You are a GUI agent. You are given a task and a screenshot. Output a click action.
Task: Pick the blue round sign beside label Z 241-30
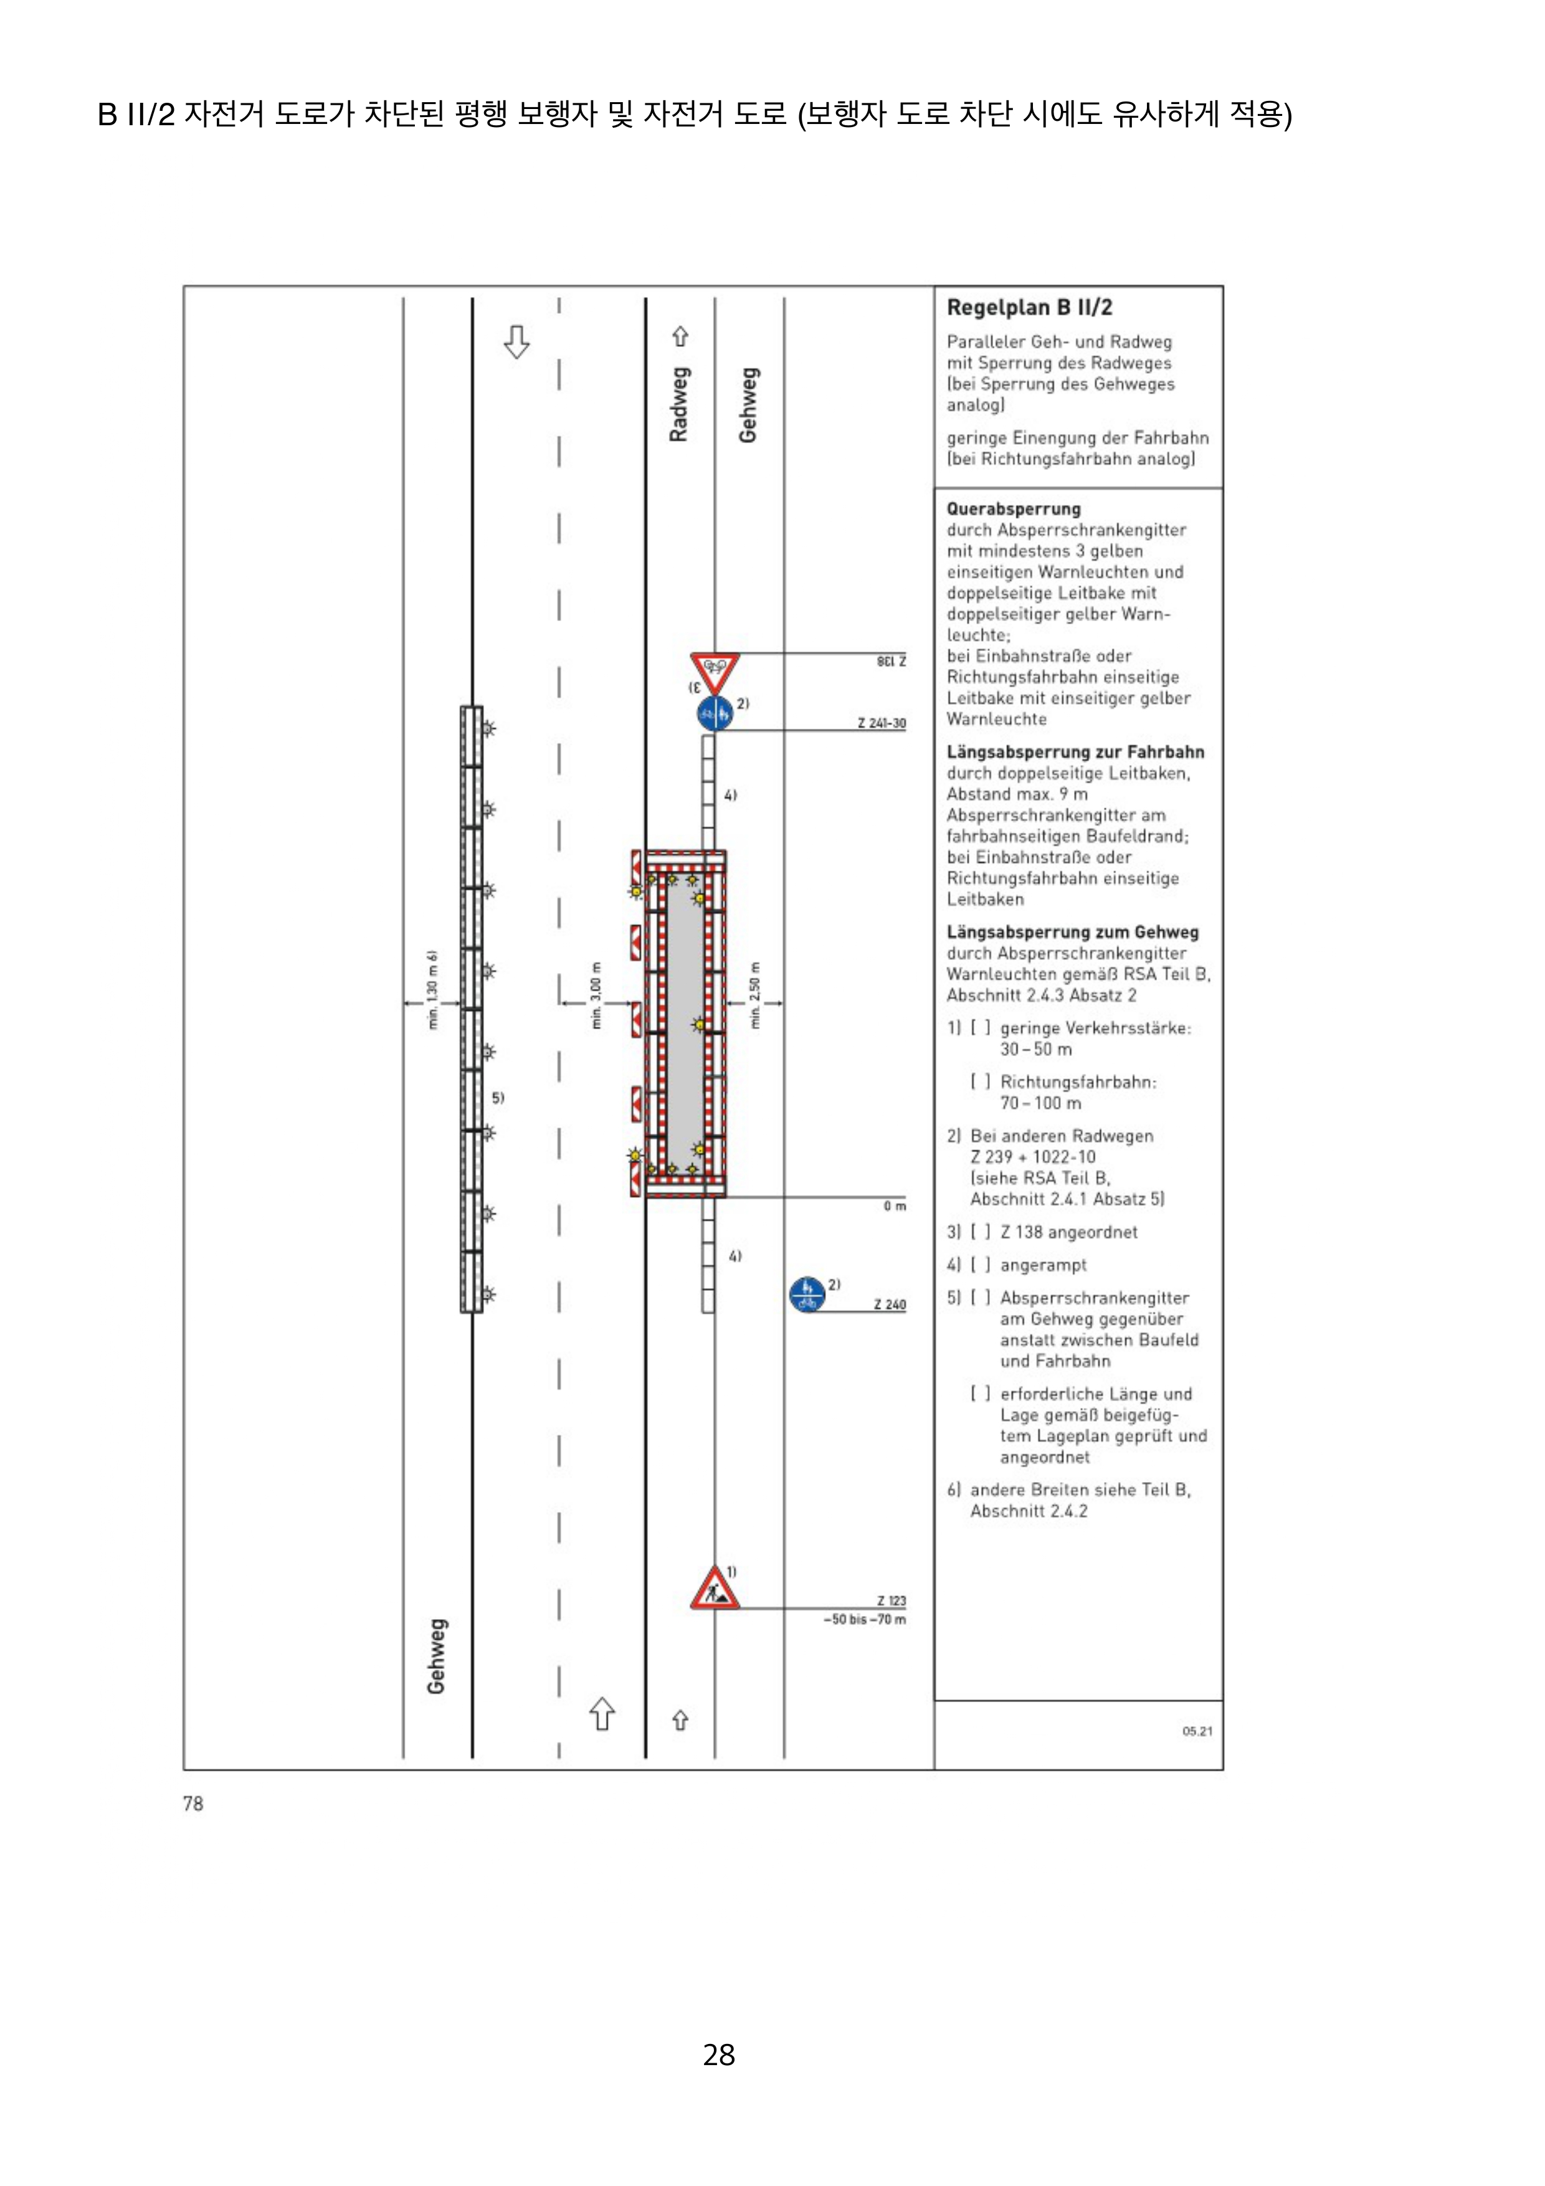click(715, 713)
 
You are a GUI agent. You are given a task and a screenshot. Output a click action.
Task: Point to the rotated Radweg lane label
click(678, 405)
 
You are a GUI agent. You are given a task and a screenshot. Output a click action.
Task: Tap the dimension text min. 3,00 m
click(596, 995)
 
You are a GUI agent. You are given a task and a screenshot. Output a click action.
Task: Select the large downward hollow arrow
click(516, 341)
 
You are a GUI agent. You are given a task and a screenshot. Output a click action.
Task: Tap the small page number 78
click(193, 1803)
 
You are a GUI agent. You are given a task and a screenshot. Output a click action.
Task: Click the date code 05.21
click(1197, 1731)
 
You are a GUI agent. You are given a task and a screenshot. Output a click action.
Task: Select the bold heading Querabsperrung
click(1013, 508)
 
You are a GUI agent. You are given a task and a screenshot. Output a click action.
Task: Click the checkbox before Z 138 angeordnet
click(981, 1232)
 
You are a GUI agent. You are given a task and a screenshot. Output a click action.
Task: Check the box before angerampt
click(981, 1265)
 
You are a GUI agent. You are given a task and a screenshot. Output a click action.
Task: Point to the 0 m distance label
click(894, 1206)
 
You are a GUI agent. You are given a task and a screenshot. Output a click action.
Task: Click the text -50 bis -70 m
click(864, 1618)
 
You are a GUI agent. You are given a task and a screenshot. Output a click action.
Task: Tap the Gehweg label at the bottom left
click(436, 1656)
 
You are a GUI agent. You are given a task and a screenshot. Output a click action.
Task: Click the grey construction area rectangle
click(685, 1024)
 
